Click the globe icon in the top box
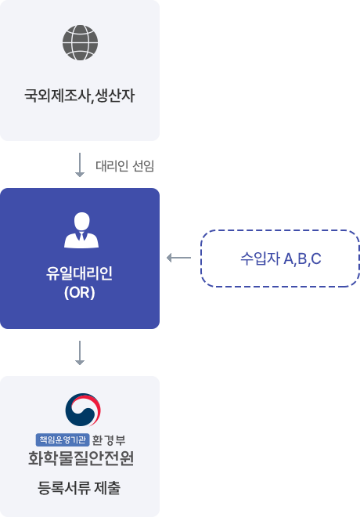pos(80,42)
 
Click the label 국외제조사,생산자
pos(80,96)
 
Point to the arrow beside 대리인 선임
pos(80,164)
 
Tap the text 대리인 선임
pos(125,166)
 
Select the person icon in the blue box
pos(81,230)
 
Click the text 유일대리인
pos(79,273)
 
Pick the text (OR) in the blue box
pos(80,292)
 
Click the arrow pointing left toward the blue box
pos(179,258)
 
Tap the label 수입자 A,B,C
pos(281,258)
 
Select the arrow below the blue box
pos(80,352)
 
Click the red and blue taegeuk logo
pos(83,410)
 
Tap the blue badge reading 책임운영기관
pos(63,439)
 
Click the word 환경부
pos(109,440)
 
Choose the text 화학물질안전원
pos(81,458)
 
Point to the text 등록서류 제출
pos(79,488)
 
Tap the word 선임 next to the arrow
pos(143,166)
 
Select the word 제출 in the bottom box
pos(107,488)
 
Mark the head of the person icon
pos(81,221)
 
